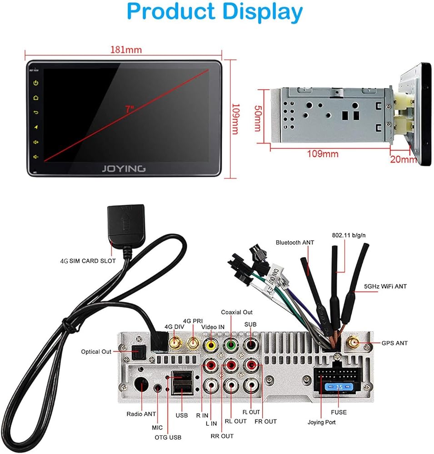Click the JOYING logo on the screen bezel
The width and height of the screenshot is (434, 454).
pos(123,168)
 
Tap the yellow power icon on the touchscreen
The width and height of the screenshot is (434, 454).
pos(35,83)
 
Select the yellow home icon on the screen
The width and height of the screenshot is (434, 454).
pos(35,98)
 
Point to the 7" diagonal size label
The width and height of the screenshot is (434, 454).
pos(130,109)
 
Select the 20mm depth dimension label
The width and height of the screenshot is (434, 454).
pos(403,159)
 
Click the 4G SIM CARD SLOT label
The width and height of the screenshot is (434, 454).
pos(88,261)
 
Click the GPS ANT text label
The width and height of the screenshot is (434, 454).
pos(395,343)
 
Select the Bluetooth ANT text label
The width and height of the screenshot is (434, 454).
pos(294,242)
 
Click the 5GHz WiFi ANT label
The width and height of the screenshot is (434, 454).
pos(385,286)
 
